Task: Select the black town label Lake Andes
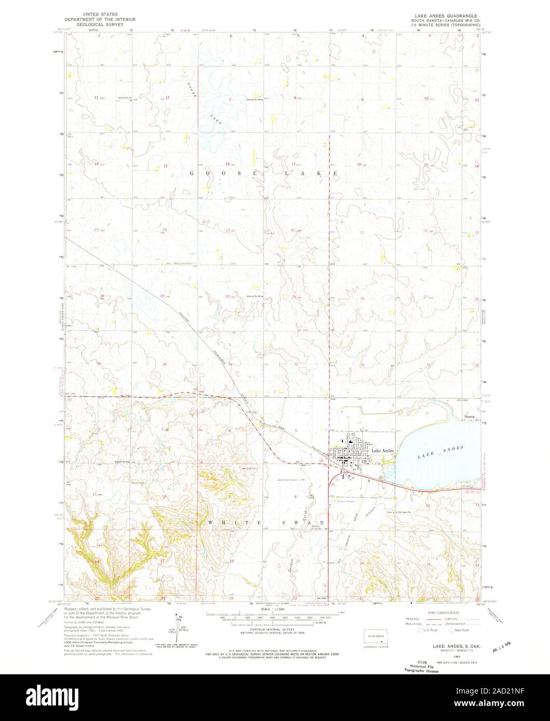click(x=383, y=451)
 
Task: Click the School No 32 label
click(x=125, y=97)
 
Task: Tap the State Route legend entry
click(x=460, y=630)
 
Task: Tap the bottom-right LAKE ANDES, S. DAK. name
click(x=448, y=647)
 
